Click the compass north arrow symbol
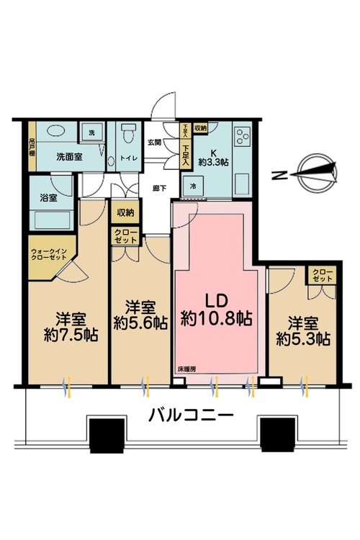(x=316, y=171)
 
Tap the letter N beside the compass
(x=277, y=174)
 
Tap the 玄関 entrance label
(x=155, y=141)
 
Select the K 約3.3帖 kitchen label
(x=215, y=154)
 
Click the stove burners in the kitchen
(x=240, y=136)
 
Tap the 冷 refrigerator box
(x=194, y=184)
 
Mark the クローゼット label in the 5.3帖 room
(x=321, y=274)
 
